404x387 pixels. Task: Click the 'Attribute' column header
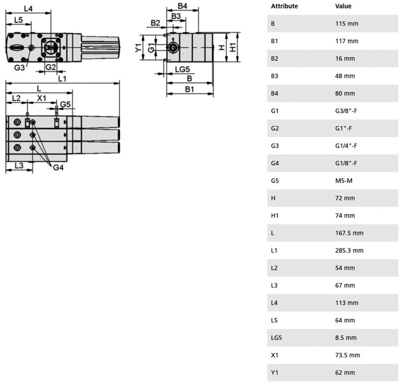pos(284,6)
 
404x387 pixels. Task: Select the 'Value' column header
pos(343,6)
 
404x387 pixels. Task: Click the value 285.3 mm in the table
pos(349,251)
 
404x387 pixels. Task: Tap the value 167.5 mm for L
pos(349,233)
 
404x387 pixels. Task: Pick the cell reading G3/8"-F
pos(346,111)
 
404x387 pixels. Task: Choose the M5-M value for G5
pos(344,181)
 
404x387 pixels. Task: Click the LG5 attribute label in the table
pos(276,338)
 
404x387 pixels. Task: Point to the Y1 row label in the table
pos(274,372)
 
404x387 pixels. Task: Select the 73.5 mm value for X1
pos(348,355)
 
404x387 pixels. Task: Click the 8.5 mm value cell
pos(346,338)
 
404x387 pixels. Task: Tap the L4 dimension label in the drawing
pos(28,9)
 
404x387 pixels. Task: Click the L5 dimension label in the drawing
pos(19,20)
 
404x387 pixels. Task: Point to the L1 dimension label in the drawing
pos(62,79)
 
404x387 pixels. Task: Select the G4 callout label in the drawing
pos(58,168)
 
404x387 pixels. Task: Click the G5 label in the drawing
pos(65,105)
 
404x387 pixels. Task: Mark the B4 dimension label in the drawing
pos(182,6)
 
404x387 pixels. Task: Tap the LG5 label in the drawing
pos(182,69)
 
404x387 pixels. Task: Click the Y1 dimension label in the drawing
pos(138,47)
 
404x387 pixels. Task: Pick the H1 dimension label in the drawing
pos(233,47)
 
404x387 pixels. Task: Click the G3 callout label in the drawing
pos(19,67)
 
